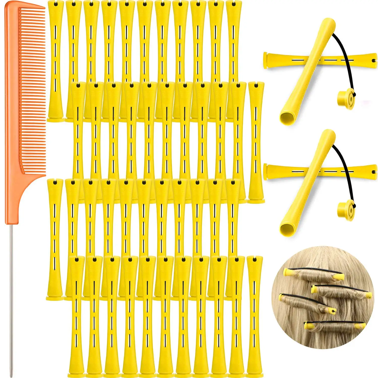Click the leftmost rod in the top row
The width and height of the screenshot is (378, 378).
click(55, 60)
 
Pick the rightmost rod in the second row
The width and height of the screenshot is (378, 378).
click(256, 141)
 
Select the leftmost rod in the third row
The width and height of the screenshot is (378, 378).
click(55, 239)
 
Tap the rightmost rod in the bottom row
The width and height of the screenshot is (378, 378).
click(255, 318)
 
